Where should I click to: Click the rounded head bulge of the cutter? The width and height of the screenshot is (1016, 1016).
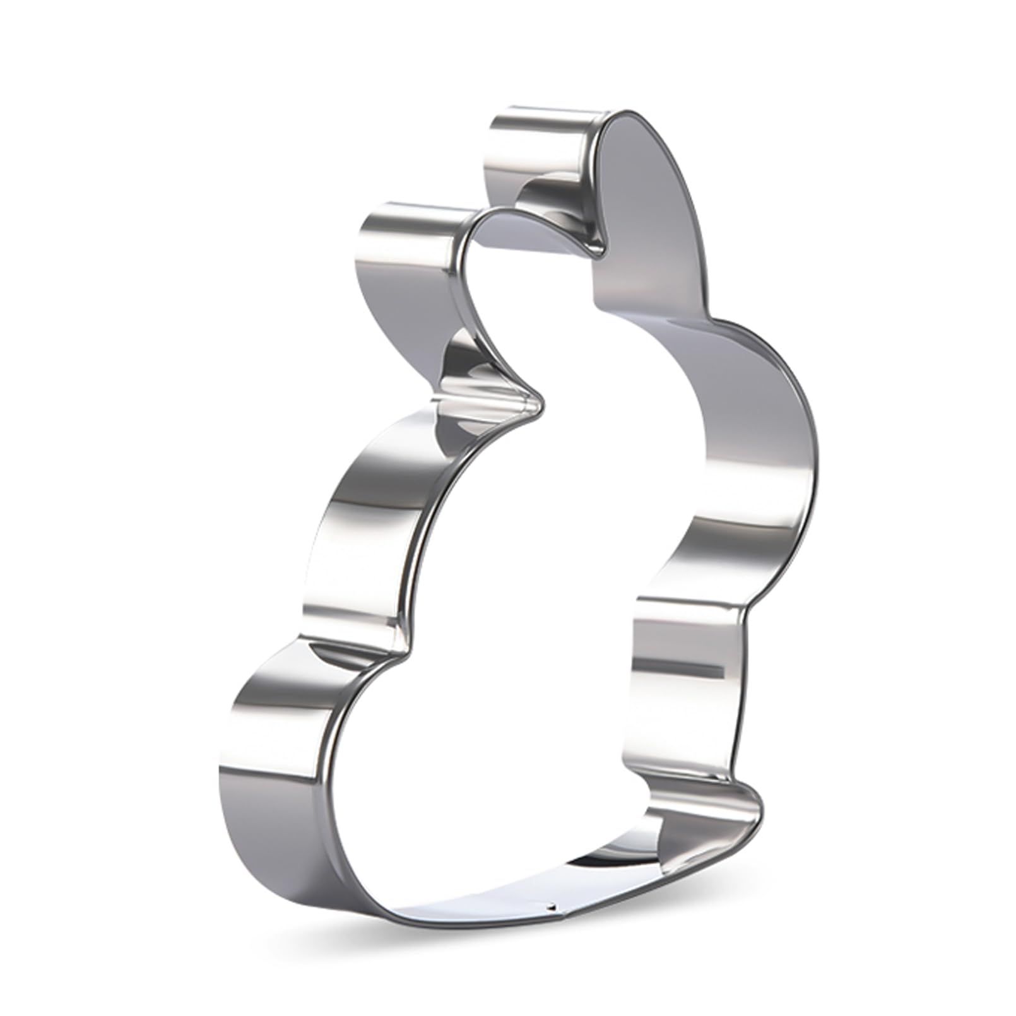[x=783, y=404]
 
